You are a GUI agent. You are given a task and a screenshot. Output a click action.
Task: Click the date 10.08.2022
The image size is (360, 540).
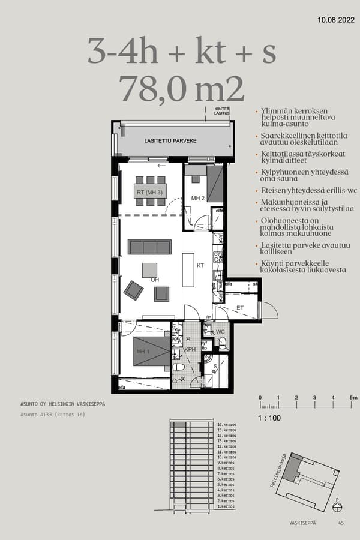click(336, 20)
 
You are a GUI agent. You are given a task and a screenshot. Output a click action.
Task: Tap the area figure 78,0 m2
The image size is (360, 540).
click(182, 89)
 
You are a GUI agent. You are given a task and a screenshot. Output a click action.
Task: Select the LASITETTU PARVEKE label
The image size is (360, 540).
click(170, 141)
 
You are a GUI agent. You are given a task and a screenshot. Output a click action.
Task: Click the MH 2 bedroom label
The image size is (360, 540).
click(199, 198)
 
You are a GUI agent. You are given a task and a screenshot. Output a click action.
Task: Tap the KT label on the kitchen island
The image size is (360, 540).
click(200, 265)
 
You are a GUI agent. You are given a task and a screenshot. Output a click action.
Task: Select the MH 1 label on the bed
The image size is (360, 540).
click(143, 352)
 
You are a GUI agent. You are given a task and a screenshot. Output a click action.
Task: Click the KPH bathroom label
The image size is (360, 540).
click(190, 349)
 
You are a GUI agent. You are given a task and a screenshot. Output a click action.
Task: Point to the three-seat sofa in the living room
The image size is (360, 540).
click(149, 247)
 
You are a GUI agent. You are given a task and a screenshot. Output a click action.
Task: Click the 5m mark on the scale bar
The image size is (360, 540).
click(354, 398)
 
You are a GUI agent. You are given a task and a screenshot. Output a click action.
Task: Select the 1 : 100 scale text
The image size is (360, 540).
click(270, 418)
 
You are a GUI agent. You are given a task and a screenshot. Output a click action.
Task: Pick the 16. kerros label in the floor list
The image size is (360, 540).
click(226, 424)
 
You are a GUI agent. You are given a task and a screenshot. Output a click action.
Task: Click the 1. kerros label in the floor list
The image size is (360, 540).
click(226, 506)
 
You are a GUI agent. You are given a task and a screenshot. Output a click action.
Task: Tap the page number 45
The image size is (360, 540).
click(341, 523)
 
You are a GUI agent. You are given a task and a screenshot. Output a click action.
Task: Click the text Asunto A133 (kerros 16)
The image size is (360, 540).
click(52, 414)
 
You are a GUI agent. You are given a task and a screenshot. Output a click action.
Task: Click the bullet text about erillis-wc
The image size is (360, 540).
click(301, 190)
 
